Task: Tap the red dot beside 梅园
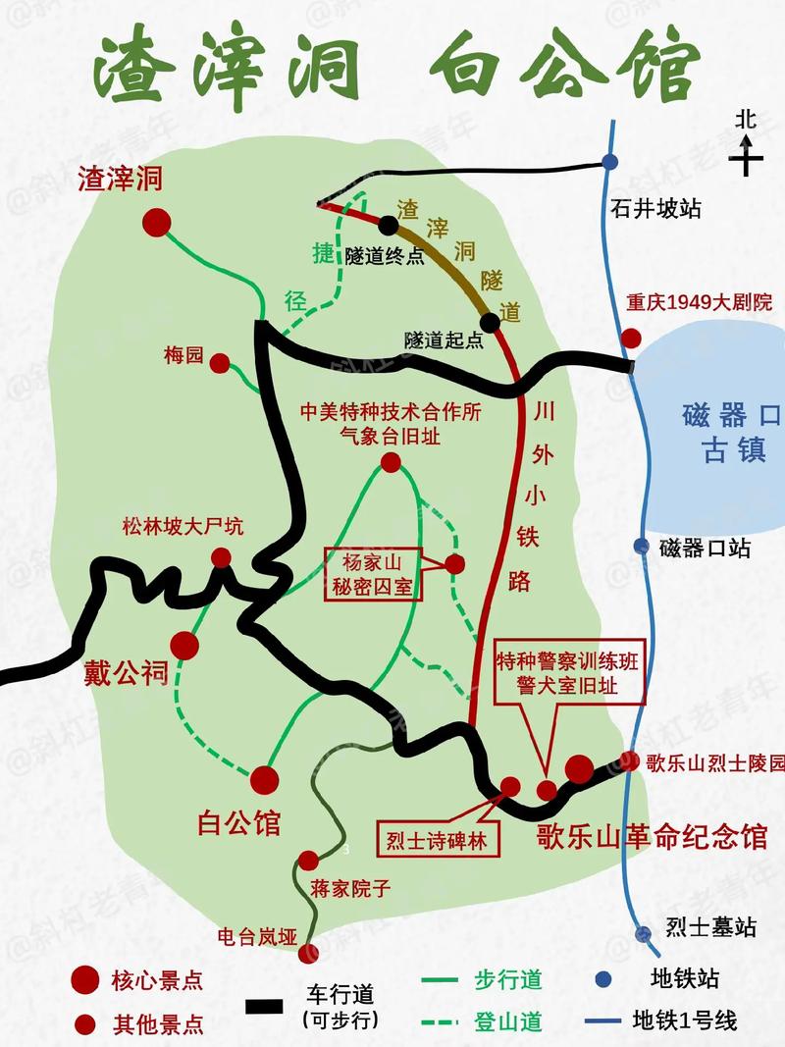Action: pyautogui.click(x=221, y=363)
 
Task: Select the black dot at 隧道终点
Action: pyautogui.click(x=389, y=225)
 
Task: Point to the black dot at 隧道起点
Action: pyautogui.click(x=489, y=322)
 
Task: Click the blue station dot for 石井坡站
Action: pyautogui.click(x=610, y=162)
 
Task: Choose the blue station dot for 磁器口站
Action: pyautogui.click(x=642, y=547)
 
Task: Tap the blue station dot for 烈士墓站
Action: pyautogui.click(x=643, y=934)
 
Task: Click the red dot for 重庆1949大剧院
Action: pyautogui.click(x=631, y=339)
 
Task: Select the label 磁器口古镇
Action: pyautogui.click(x=730, y=433)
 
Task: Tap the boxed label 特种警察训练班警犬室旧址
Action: pyautogui.click(x=568, y=674)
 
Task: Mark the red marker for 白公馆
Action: pyautogui.click(x=264, y=780)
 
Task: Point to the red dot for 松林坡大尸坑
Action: pyautogui.click(x=222, y=557)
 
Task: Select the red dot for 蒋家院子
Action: pyautogui.click(x=308, y=861)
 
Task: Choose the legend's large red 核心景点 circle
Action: pyautogui.click(x=86, y=979)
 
